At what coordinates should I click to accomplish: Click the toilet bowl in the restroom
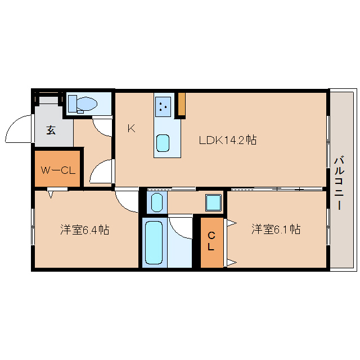coord(87,103)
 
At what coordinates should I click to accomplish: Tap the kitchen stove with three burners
coord(163,106)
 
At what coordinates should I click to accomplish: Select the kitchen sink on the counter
coord(163,143)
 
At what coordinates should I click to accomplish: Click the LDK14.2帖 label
coord(227,140)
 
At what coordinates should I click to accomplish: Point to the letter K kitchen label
coord(131,128)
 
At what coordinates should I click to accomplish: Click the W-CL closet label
coord(58,170)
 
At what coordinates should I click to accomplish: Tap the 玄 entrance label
coord(51,130)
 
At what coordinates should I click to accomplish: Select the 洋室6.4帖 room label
coord(85,229)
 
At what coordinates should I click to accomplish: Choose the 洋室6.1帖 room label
coord(276,229)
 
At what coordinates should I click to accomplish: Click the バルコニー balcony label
coord(339,183)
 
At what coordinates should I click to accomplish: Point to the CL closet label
coord(211,241)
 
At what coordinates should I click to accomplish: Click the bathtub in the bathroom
coord(154,242)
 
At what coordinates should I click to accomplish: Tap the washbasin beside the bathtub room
coord(157,202)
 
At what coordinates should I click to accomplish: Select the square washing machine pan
coord(214,202)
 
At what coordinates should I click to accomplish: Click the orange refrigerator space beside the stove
coord(182,104)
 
